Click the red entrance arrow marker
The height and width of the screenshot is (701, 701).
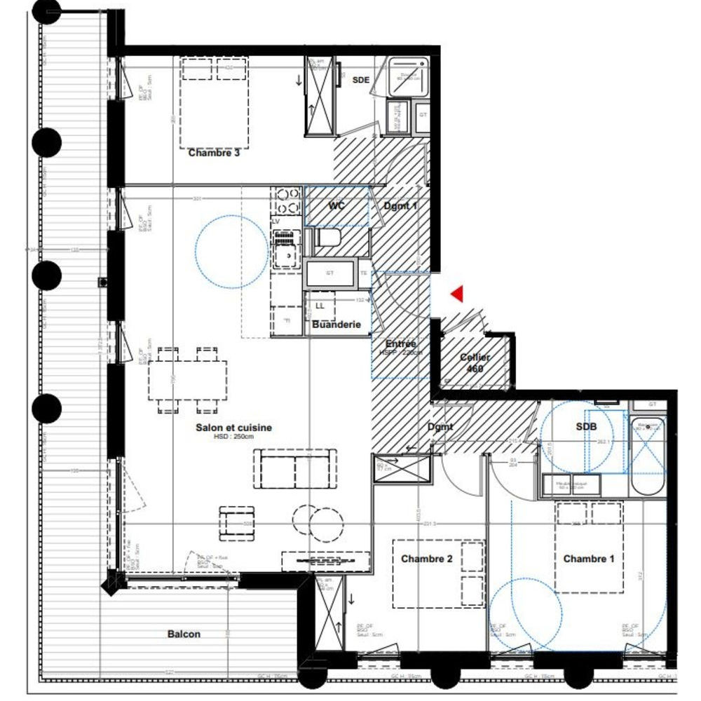458,294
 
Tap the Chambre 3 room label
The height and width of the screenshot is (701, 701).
214,153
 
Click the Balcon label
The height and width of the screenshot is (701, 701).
184,634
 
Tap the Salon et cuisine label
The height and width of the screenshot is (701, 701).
233,427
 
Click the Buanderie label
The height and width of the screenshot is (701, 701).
337,325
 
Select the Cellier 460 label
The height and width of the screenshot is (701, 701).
475,362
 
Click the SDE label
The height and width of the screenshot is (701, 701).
360,80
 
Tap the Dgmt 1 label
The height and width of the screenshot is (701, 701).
400,206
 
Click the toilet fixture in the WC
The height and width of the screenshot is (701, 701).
328,238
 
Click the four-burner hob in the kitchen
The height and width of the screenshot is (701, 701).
287,200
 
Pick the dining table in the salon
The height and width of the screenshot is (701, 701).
188,379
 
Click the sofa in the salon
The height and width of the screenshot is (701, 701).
294,469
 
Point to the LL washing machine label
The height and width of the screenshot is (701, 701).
320,306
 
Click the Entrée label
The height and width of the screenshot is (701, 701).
400,343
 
